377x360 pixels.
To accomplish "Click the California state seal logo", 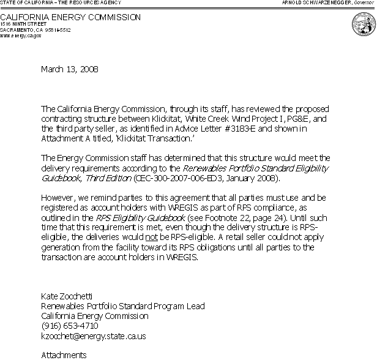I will pyautogui.click(x=364, y=25).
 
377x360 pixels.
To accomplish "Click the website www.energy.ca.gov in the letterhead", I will pyautogui.click(x=21, y=36).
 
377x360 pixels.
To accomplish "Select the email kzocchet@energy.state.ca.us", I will pyautogui.click(x=93, y=336).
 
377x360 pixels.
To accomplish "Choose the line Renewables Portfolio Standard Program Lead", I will pyautogui.click(x=122, y=306).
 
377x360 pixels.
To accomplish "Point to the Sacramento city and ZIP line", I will pyautogui.click(x=35, y=29).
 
